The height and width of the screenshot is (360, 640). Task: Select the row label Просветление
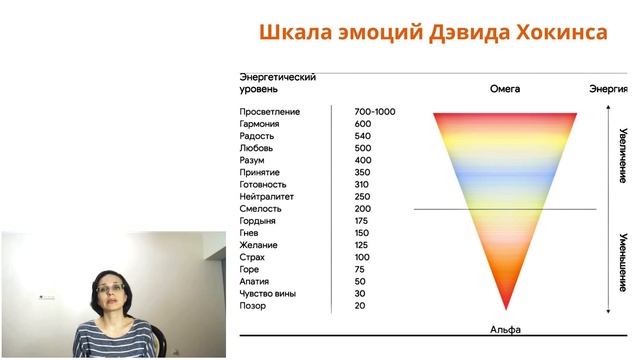coord(270,112)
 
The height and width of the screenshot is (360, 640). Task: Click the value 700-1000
coord(375,112)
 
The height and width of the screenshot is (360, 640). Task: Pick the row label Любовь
coord(257,148)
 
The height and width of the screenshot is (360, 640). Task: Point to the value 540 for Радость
coord(363,136)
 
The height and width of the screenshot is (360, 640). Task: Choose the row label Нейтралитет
coord(267,197)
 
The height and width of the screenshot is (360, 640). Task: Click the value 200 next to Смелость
coord(363,209)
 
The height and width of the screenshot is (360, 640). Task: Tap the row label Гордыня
coord(259,221)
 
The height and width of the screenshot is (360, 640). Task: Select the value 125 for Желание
coord(362,245)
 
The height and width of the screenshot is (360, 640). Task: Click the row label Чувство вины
coord(267,294)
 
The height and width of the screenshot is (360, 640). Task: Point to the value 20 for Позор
coord(360,306)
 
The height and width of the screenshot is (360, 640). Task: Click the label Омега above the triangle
coord(505,89)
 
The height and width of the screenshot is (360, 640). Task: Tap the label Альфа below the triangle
coord(505,329)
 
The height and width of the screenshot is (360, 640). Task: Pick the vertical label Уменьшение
coord(622,258)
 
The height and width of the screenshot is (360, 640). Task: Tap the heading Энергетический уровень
coord(278,83)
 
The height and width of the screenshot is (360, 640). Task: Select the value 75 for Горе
coord(360,270)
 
